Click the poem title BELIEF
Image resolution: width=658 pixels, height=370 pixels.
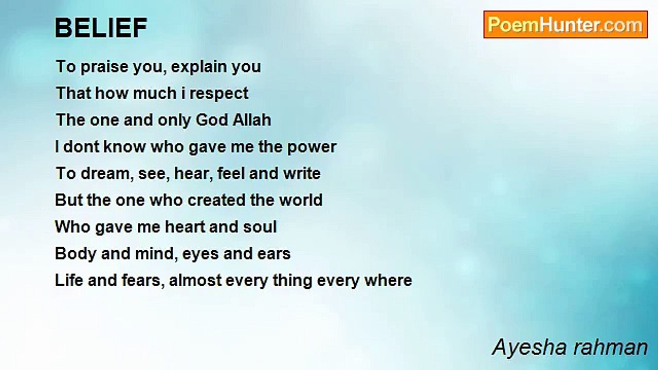tap(101, 28)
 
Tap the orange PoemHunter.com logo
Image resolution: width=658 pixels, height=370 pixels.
tap(565, 25)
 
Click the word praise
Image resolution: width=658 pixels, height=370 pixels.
tap(104, 67)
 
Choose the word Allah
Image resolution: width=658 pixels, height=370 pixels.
tap(252, 120)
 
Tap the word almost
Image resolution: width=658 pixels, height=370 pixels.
tap(195, 281)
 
